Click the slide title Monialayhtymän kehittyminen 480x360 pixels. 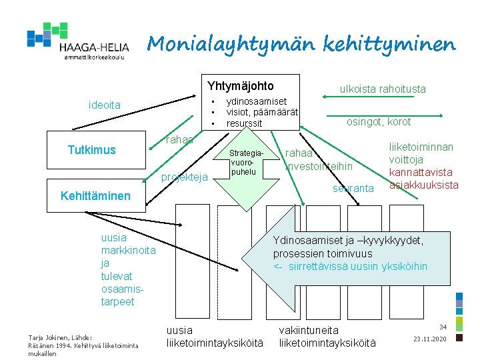tap(301, 44)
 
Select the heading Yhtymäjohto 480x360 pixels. tap(240, 86)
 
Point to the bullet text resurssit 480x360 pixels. tap(244, 123)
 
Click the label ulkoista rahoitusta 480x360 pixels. tap(383, 89)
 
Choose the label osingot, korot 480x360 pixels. tap(379, 121)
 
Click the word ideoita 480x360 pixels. tap(105, 105)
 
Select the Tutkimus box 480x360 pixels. tap(92, 150)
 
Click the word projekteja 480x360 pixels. tap(185, 177)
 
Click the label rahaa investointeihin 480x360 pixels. tap(318, 159)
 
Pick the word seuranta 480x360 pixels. tap(353, 189)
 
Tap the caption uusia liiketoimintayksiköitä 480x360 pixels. tap(215, 337)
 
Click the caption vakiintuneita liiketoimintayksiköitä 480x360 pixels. tap(327, 337)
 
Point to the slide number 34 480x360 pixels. tap(442, 327)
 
